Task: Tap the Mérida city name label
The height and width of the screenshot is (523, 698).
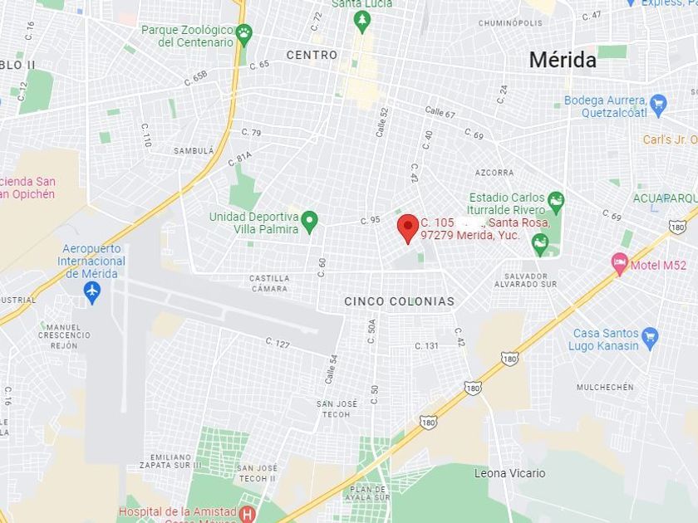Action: click(563, 60)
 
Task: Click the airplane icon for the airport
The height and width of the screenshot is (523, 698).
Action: click(92, 292)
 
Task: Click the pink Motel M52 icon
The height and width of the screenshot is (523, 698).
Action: click(619, 265)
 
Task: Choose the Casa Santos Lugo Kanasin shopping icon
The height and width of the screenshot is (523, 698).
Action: click(650, 337)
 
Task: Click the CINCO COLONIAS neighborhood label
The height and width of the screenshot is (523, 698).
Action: click(400, 301)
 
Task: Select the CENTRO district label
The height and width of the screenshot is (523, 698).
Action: click(312, 55)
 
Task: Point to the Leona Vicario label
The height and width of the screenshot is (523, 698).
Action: click(509, 473)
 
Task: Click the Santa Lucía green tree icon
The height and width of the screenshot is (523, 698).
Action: click(361, 19)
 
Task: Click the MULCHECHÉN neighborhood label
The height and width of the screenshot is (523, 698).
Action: click(605, 387)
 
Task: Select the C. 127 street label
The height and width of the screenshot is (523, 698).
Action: click(278, 342)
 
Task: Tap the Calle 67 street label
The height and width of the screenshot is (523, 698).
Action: click(440, 111)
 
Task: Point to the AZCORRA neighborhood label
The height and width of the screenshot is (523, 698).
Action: click(494, 173)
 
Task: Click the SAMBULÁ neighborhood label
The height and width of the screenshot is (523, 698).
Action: click(194, 151)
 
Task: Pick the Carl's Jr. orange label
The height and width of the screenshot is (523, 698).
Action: click(669, 139)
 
